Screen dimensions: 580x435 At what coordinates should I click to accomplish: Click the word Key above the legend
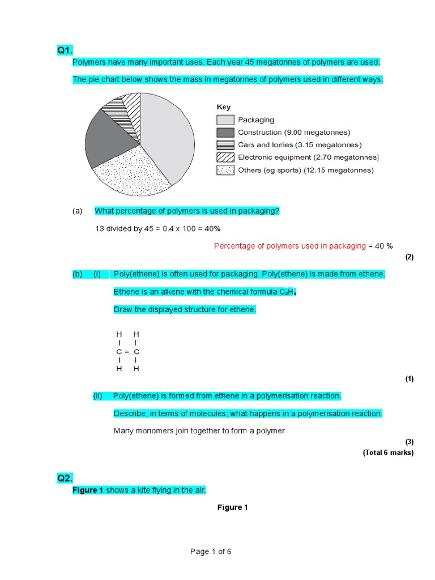223,107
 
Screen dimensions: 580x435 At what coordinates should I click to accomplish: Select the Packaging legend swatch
225,120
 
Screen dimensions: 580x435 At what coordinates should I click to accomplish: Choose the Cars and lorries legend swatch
225,145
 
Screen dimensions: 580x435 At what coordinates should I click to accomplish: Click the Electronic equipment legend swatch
225,157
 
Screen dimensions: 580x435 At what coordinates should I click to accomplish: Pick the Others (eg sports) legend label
305,170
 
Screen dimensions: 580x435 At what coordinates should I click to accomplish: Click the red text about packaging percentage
289,246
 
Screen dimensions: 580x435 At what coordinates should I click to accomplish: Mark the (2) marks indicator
410,257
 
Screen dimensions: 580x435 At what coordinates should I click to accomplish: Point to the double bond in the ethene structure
128,352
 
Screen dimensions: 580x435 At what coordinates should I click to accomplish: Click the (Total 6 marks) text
388,452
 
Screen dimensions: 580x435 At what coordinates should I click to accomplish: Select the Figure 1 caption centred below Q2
232,507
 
